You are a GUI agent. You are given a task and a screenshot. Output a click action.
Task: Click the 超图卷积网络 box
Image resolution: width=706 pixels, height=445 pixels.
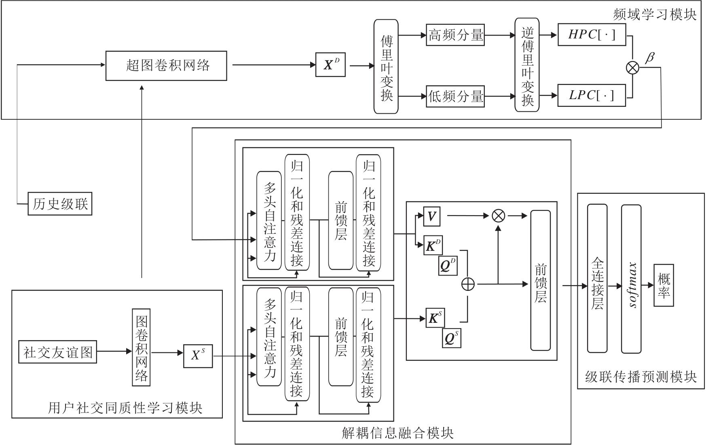tap(166, 66)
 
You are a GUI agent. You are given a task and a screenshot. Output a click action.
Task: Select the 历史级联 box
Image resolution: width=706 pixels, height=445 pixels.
tap(60, 204)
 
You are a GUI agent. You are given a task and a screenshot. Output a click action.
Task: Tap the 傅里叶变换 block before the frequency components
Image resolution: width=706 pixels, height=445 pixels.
tap(386, 66)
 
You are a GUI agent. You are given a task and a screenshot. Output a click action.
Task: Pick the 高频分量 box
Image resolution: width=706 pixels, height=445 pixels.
tap(455, 35)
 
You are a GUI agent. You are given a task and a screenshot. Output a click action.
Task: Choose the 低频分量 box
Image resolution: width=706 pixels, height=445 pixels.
tap(455, 96)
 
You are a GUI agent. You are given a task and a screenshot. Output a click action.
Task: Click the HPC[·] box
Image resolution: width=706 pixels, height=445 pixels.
tap(592, 35)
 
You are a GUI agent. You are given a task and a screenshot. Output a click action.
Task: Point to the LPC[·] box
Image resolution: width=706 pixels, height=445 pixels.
tap(592, 95)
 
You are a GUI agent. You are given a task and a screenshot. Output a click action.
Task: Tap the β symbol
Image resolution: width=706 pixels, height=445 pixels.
tap(649, 57)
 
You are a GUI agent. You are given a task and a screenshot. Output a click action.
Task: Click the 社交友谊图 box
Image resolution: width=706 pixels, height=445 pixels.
tap(58, 352)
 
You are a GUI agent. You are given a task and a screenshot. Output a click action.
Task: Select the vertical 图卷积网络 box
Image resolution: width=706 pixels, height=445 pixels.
tap(141, 348)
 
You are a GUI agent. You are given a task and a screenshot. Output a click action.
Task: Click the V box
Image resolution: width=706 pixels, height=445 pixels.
tap(431, 216)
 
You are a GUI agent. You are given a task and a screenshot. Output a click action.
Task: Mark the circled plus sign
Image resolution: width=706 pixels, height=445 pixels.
tap(468, 284)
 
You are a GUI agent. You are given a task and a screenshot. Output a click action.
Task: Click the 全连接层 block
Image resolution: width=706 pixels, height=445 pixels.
tap(597, 278)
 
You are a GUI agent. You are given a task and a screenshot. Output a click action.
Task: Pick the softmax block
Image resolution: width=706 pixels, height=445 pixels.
tap(631, 279)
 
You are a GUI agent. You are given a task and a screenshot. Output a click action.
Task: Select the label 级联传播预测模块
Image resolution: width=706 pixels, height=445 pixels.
tap(641, 377)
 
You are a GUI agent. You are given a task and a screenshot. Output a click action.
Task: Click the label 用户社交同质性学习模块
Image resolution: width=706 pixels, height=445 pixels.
tap(125, 408)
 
